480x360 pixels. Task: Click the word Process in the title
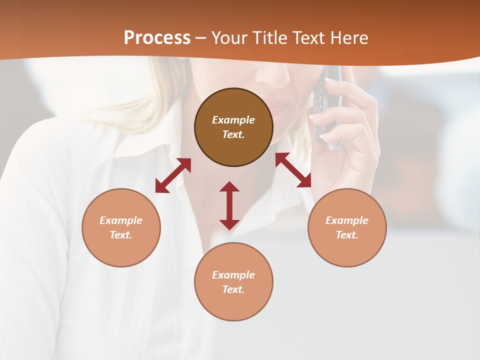[157, 38]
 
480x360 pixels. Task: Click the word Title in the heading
[267, 38]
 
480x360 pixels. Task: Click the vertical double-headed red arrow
[229, 205]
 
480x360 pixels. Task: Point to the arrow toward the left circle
[173, 175]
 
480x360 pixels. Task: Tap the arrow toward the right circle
[293, 170]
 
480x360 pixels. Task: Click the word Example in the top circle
[233, 120]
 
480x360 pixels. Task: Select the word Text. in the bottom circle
[233, 289]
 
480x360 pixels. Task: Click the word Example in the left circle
[121, 220]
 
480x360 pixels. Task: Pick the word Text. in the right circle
[347, 235]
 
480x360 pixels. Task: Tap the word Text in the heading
[306, 38]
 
